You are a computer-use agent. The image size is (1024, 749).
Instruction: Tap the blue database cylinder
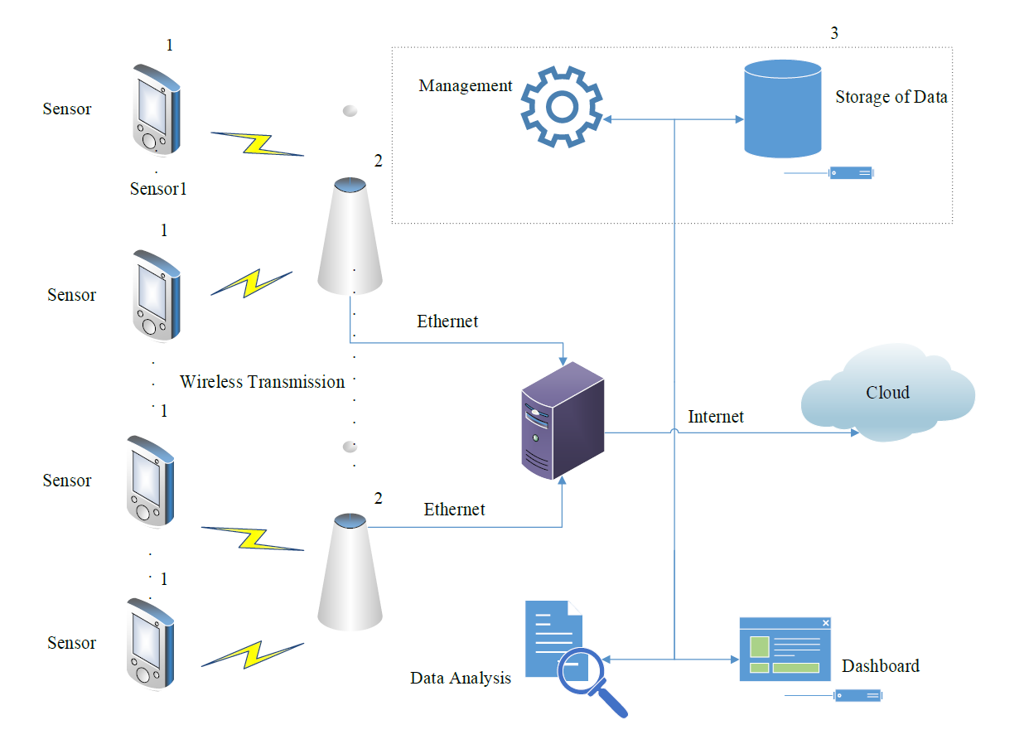pos(782,109)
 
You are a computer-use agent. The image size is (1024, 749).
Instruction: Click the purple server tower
pos(562,421)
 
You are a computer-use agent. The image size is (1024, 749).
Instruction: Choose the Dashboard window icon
pos(785,650)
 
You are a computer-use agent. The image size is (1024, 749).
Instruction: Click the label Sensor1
pos(158,189)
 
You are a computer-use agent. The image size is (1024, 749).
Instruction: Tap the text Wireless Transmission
pos(262,382)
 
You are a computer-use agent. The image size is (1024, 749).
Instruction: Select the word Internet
pos(716,417)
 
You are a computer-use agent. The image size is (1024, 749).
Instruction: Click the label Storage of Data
pos(891,97)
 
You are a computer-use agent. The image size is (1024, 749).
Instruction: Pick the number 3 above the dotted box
pos(834,34)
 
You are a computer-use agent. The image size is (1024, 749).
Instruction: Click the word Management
pos(466,86)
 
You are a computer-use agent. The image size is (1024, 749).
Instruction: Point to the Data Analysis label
pos(461,679)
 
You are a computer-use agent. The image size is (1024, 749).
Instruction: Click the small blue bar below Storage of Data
pos(851,173)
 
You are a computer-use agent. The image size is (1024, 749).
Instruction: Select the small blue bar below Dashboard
pos(857,695)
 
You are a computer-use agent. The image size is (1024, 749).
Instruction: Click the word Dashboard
pos(880,666)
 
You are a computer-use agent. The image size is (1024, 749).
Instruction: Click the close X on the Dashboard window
pos(825,623)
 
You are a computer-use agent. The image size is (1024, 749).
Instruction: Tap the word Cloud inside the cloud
pos(887,393)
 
